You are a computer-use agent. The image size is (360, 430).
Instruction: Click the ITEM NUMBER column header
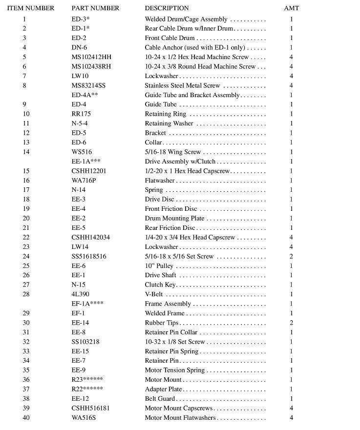(x=31, y=8)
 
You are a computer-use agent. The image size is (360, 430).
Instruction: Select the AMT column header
(x=292, y=8)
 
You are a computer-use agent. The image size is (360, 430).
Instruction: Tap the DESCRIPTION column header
(x=167, y=8)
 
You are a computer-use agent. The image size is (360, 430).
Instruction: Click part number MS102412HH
(x=91, y=57)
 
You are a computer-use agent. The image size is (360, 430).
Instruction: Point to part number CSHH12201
(x=89, y=171)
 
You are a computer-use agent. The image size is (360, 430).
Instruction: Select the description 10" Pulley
(x=159, y=266)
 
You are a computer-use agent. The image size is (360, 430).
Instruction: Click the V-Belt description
(x=154, y=294)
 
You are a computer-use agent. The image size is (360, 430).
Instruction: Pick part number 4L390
(x=81, y=294)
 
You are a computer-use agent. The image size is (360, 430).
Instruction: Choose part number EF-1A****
(x=87, y=304)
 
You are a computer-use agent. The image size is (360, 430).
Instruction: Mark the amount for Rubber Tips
(x=292, y=323)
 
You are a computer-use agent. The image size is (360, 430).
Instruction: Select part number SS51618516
(x=89, y=256)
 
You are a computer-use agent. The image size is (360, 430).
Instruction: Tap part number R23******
(x=87, y=380)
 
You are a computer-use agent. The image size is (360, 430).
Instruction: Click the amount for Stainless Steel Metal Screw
(x=292, y=85)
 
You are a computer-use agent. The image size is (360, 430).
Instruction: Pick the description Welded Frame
(x=165, y=313)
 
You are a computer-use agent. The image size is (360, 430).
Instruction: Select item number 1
(x=24, y=20)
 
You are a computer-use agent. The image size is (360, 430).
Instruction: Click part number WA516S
(x=83, y=418)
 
